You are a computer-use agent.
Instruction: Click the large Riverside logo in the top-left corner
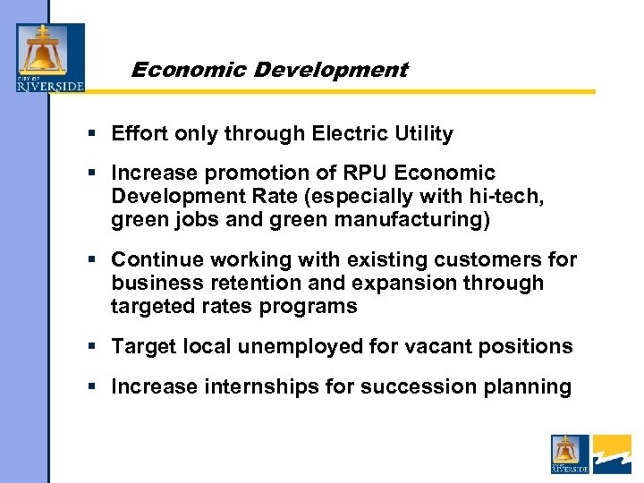click(50, 57)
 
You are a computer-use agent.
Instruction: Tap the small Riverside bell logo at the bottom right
click(570, 453)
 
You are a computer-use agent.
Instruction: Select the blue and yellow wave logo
click(612, 453)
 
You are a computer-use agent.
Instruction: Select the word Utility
click(424, 134)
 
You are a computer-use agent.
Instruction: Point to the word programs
click(317, 305)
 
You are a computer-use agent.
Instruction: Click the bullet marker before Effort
click(93, 134)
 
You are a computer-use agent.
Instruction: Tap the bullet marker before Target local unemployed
click(93, 346)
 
